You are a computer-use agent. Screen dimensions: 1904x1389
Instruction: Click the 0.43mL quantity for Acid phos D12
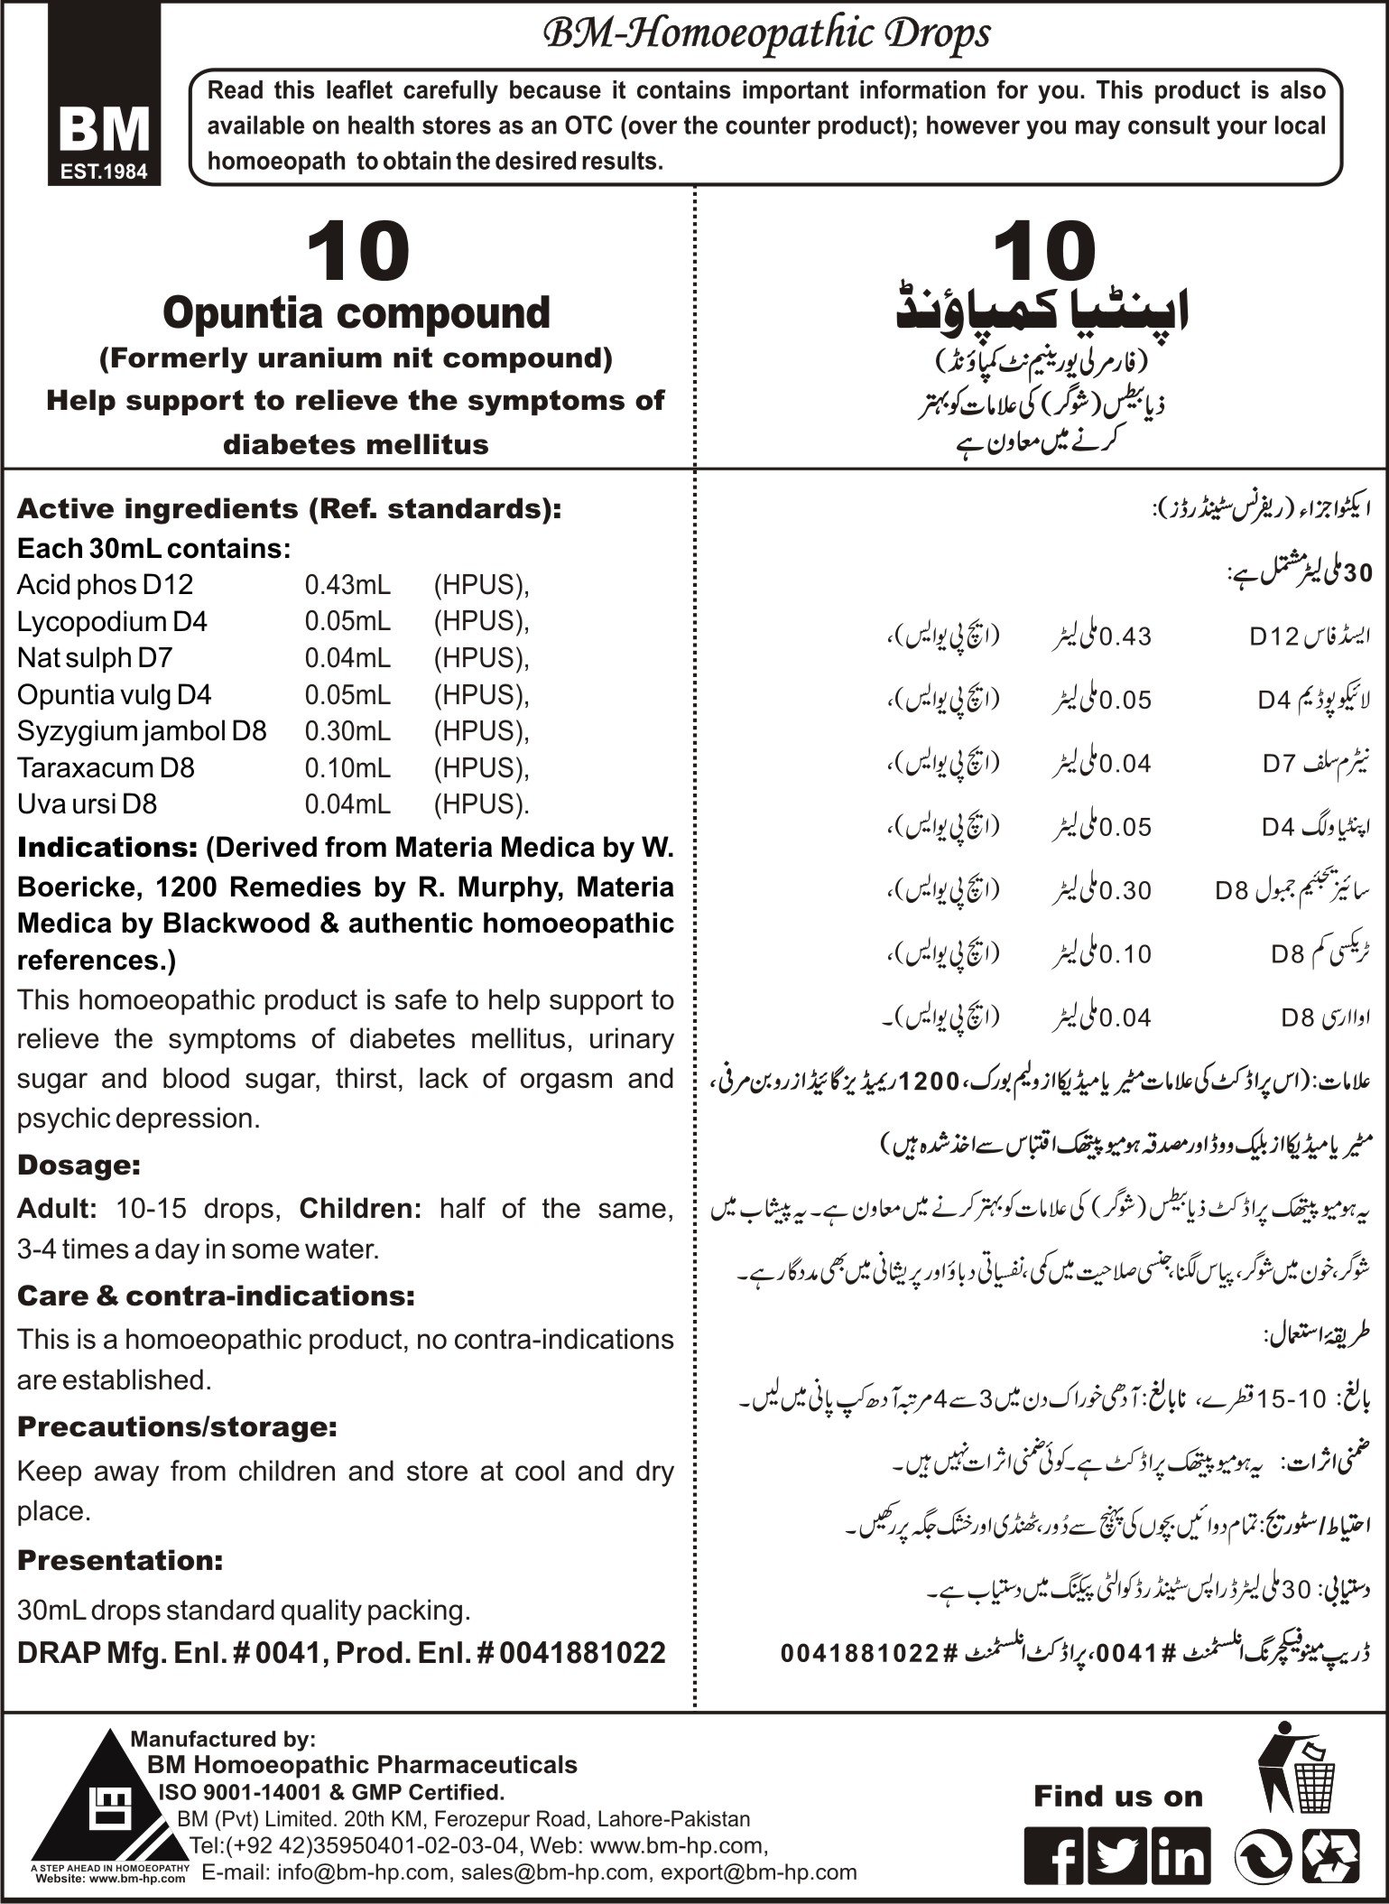[x=347, y=585]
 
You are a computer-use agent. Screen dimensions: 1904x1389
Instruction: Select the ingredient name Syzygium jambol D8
[x=142, y=730]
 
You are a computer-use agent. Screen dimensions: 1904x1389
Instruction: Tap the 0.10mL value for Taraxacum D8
[x=347, y=767]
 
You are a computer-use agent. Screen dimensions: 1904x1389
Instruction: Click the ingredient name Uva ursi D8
[x=87, y=803]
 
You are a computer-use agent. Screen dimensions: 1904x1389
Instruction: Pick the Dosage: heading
[x=79, y=1165]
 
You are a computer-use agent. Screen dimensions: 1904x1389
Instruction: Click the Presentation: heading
[x=120, y=1559]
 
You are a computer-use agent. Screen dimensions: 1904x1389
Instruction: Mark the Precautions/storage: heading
[x=177, y=1426]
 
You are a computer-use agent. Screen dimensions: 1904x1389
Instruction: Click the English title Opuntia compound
[x=356, y=312]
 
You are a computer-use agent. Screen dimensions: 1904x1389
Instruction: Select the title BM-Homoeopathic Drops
[x=764, y=34]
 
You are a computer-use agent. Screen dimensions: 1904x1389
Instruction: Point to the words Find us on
[x=1118, y=1797]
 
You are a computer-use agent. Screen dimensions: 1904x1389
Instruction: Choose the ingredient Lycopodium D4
[x=112, y=622]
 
